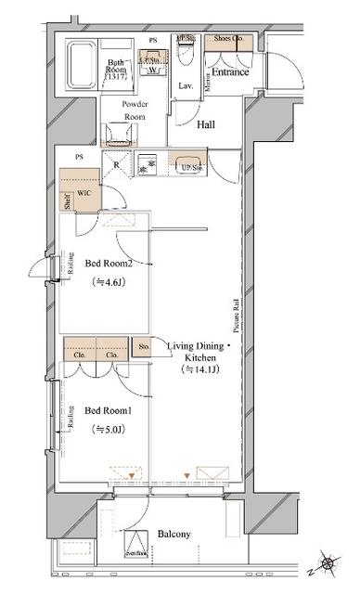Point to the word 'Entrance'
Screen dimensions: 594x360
228,71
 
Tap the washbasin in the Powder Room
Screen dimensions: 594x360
117,136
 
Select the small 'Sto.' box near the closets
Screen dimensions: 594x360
144,348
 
